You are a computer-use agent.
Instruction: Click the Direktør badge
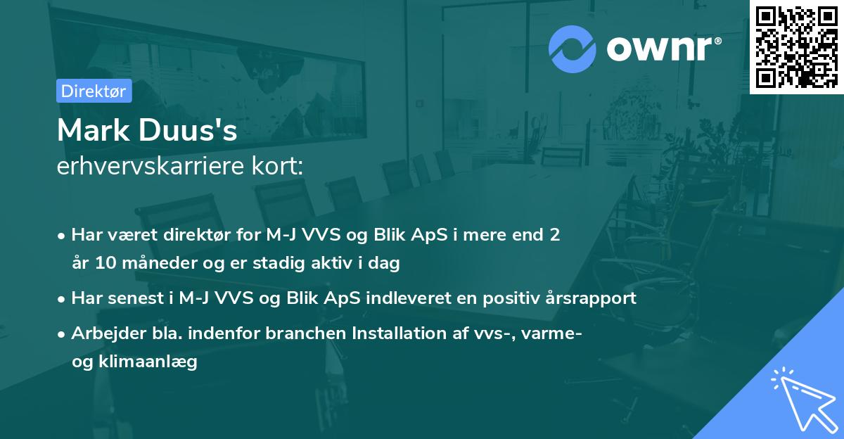click(x=94, y=91)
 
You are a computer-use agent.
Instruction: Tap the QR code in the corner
click(x=797, y=46)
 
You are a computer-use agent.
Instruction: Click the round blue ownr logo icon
click(x=572, y=49)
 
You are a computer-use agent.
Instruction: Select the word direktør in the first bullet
click(x=189, y=235)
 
